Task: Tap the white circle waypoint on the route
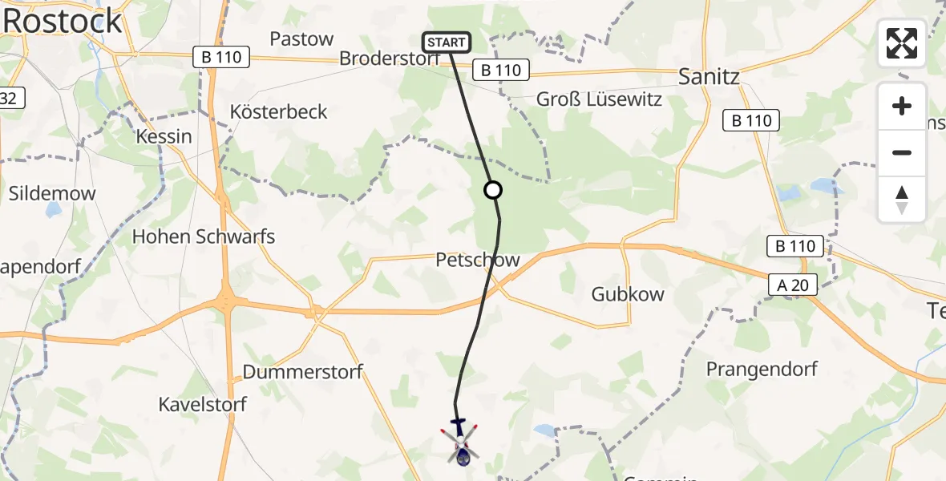[x=493, y=190]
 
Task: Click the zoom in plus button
[x=902, y=106]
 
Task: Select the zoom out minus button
[x=902, y=152]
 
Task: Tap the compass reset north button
[x=902, y=199]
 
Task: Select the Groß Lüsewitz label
[x=599, y=100]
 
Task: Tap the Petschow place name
[x=478, y=260]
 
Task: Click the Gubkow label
[x=628, y=293]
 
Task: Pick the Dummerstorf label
[x=302, y=372]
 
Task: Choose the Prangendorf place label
[x=762, y=369]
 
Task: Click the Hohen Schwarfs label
[x=203, y=236]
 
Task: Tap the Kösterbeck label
[x=279, y=111]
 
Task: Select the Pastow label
[x=301, y=38]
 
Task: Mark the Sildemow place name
[x=52, y=193]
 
